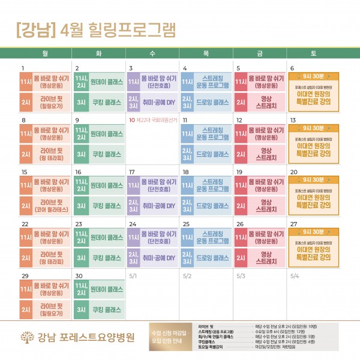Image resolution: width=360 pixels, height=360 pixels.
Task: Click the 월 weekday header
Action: [45, 53]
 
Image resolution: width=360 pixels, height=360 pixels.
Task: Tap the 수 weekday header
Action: [152, 53]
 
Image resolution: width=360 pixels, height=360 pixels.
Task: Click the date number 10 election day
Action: [131, 120]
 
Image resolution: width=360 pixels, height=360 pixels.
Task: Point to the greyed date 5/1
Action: [133, 276]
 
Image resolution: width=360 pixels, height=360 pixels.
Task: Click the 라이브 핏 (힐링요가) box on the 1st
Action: [44, 102]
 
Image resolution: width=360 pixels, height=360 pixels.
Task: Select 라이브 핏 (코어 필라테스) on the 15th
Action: [44, 206]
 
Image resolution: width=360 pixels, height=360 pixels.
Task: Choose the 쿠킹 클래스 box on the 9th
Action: [98, 154]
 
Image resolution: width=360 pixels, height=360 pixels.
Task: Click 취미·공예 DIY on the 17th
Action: [152, 206]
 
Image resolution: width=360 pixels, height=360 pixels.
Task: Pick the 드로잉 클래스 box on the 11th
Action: [206, 154]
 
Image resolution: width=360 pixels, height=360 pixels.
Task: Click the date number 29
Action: [25, 276]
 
